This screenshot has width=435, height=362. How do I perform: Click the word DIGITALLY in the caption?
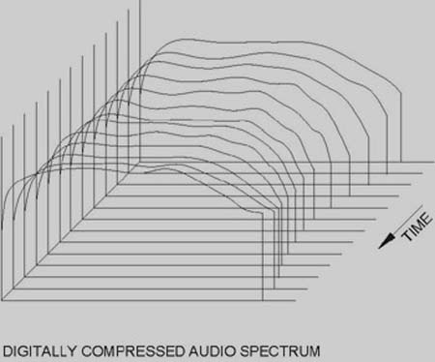pos(40,351)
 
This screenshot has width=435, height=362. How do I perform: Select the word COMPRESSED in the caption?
pos(133,351)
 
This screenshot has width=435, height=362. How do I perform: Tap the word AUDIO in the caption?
pos(213,351)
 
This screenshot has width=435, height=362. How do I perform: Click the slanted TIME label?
pos(417,226)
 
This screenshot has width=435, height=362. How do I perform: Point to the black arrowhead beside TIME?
pos(387,242)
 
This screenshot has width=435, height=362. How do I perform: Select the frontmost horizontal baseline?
pos(149,301)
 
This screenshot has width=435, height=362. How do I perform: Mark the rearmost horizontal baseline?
pos(287,162)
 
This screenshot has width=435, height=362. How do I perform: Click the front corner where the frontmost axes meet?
pos(2,301)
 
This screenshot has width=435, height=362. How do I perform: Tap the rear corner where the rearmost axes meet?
pos(140,162)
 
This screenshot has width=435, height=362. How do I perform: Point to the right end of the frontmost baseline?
pos(296,301)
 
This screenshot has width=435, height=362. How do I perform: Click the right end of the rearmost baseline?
pos(434,162)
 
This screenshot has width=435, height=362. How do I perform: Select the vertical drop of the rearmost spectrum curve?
pos(401,128)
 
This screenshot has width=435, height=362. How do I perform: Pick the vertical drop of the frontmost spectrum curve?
pos(263,257)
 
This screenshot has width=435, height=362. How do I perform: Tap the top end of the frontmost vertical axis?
pos(2,136)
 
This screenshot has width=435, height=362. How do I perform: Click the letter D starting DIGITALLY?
pos(7,351)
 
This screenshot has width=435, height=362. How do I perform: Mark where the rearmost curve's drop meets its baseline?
pos(401,162)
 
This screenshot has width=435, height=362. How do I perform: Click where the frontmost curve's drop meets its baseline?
pos(263,301)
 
